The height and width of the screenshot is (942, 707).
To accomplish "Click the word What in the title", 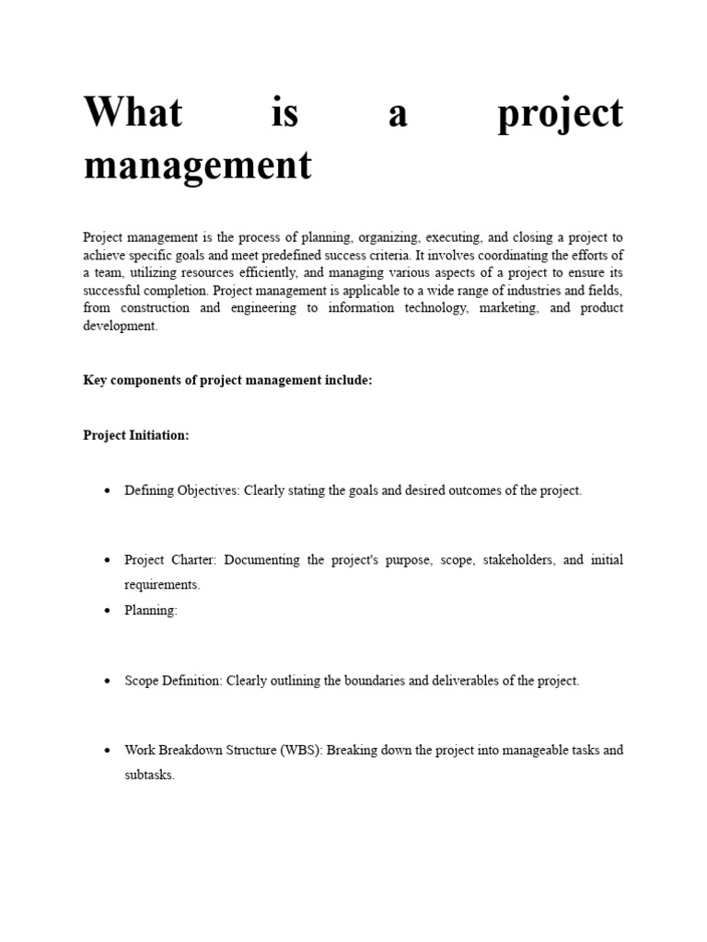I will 133,114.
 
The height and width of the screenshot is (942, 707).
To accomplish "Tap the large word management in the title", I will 197,166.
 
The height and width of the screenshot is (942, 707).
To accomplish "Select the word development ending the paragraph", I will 120,327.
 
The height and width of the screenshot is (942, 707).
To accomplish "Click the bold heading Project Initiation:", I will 136,435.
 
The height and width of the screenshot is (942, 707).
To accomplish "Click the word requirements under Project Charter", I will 161,585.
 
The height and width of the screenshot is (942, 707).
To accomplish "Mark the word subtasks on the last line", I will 148,775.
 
